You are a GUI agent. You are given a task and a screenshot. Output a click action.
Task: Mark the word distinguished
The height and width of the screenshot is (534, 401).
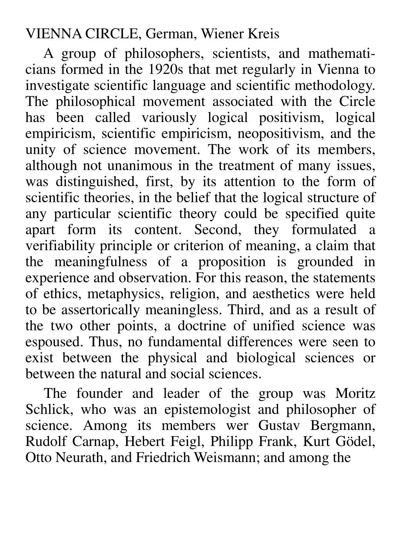(x=89, y=182)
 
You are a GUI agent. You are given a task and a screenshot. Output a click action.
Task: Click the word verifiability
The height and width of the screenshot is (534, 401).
(x=60, y=246)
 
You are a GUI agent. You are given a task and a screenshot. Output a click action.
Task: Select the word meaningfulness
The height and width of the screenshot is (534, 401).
(x=103, y=262)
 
